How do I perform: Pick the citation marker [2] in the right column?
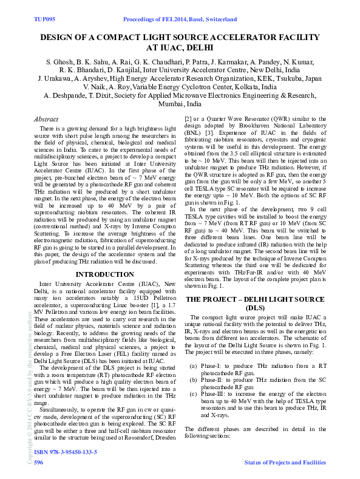coord(189,120)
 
